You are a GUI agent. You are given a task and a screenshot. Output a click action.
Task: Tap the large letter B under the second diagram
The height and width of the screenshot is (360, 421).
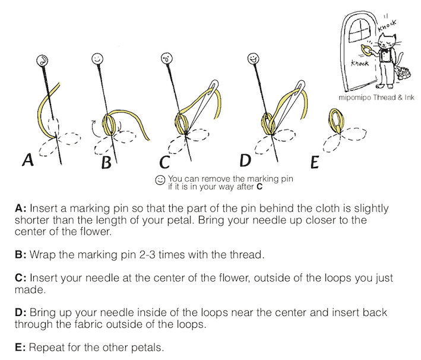tap(107, 160)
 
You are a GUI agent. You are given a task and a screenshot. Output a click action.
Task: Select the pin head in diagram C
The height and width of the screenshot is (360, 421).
tap(167, 59)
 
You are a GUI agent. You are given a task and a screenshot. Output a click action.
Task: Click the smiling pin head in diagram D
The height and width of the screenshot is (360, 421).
tap(252, 59)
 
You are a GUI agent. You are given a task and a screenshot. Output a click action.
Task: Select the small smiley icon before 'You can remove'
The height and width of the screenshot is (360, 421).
tap(160, 179)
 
